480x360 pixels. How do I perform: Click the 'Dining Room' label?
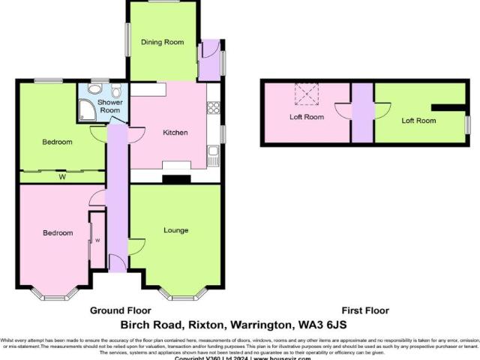click(x=163, y=43)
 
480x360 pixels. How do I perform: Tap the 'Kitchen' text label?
click(x=175, y=133)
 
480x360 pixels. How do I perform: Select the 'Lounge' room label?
click(x=175, y=229)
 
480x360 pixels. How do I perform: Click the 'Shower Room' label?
click(x=110, y=106)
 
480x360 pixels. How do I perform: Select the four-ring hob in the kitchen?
click(x=213, y=107)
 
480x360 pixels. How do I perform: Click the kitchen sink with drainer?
click(x=214, y=156)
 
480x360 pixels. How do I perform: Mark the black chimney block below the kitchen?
click(x=175, y=179)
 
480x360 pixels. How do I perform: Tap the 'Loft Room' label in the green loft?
click(x=418, y=120)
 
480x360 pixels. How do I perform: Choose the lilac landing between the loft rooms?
click(x=362, y=112)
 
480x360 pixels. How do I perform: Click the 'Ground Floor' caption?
click(x=121, y=310)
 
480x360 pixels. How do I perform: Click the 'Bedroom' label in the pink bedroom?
click(x=58, y=233)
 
